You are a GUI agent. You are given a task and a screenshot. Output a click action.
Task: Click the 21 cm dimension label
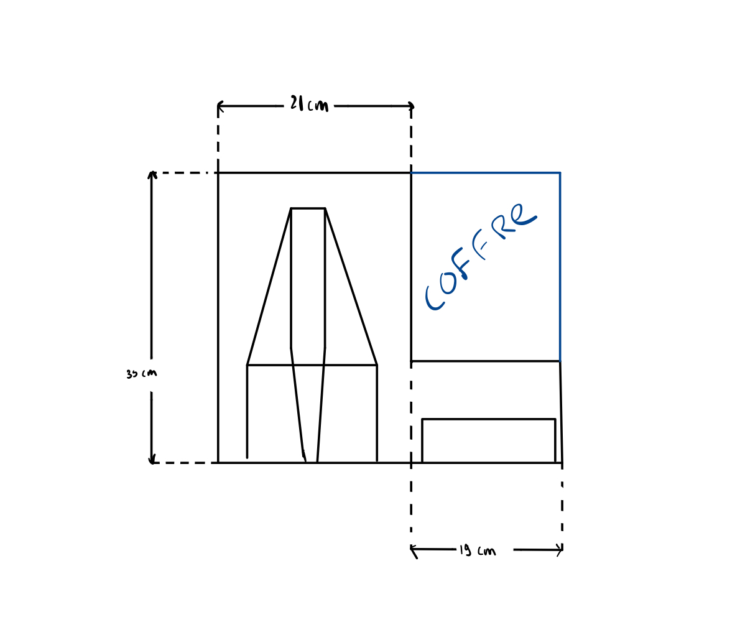(309, 104)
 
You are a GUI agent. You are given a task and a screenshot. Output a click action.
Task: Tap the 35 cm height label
(141, 374)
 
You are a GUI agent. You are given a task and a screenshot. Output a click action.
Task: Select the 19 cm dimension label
(478, 550)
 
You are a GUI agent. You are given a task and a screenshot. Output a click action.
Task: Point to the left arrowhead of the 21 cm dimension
(220, 106)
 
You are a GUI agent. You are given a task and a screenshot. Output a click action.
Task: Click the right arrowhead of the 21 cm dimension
(410, 106)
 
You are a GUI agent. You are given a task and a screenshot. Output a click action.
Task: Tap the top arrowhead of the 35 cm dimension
(151, 175)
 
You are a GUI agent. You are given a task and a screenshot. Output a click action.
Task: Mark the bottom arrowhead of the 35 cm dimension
(151, 460)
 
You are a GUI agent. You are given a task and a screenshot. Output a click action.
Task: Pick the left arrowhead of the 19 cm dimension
(414, 550)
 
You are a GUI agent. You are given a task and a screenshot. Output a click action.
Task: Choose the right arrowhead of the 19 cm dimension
(560, 550)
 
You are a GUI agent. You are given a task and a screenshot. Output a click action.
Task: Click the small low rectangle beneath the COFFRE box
(488, 440)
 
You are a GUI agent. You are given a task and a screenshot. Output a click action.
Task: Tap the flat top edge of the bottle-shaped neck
(308, 208)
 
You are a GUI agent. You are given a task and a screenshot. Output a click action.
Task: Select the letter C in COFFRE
(434, 298)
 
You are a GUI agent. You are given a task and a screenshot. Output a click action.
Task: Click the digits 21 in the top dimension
(297, 103)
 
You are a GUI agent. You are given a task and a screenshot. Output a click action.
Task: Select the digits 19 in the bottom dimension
(465, 550)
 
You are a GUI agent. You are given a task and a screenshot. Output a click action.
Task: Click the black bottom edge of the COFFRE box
(485, 361)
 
